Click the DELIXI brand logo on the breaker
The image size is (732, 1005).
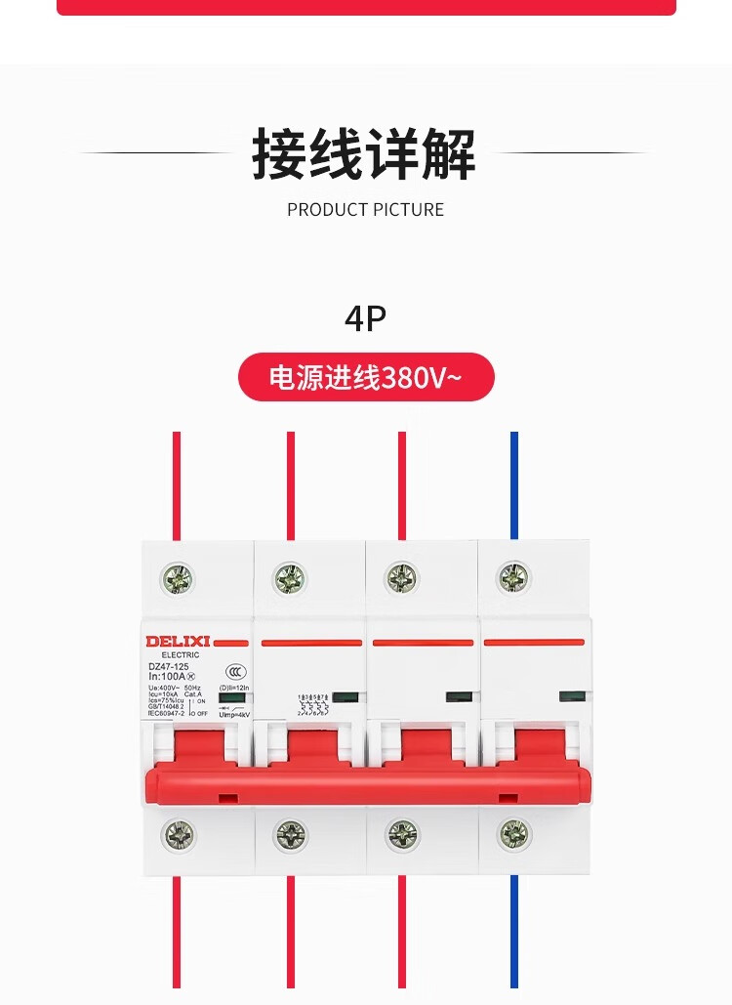[x=178, y=641]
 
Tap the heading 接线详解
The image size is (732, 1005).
[x=364, y=154]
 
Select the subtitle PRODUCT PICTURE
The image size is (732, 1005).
[x=365, y=210]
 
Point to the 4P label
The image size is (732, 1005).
[x=365, y=318]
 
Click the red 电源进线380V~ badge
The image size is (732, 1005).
[x=366, y=377]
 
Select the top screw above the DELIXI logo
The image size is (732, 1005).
[x=178, y=578]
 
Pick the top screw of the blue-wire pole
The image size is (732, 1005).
[x=514, y=578]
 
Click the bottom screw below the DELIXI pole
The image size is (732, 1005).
[x=178, y=834]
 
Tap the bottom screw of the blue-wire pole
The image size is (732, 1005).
[x=514, y=833]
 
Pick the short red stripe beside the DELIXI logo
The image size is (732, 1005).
[x=230, y=643]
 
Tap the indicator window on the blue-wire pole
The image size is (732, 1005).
[x=569, y=696]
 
